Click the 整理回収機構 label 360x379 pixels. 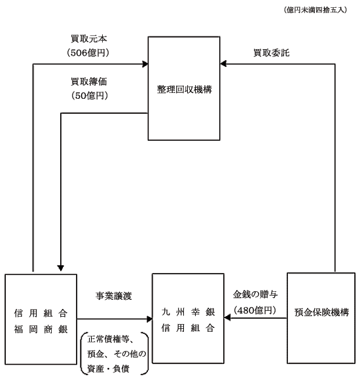coord(184,90)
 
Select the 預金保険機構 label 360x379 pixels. coord(322,312)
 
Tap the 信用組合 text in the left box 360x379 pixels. coord(41,314)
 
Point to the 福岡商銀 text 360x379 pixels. coord(41,329)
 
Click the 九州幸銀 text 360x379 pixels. coord(188,312)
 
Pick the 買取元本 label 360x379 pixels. coord(89,39)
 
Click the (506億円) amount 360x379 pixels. coord(88,52)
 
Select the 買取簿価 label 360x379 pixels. coord(89,81)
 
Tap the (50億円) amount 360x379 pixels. coord(90,96)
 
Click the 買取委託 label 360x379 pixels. coord(271,52)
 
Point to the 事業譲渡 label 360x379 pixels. coord(114,296)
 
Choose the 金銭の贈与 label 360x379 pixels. coord(255,295)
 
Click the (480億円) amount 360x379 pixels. coord(255,310)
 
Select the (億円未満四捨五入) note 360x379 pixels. coord(315,10)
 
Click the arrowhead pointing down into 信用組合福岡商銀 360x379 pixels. coord(61,268)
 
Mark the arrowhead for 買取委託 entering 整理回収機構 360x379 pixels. coord(223,63)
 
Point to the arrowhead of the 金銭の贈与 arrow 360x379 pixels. coord(227,318)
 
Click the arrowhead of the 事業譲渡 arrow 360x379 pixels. coord(149,319)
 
